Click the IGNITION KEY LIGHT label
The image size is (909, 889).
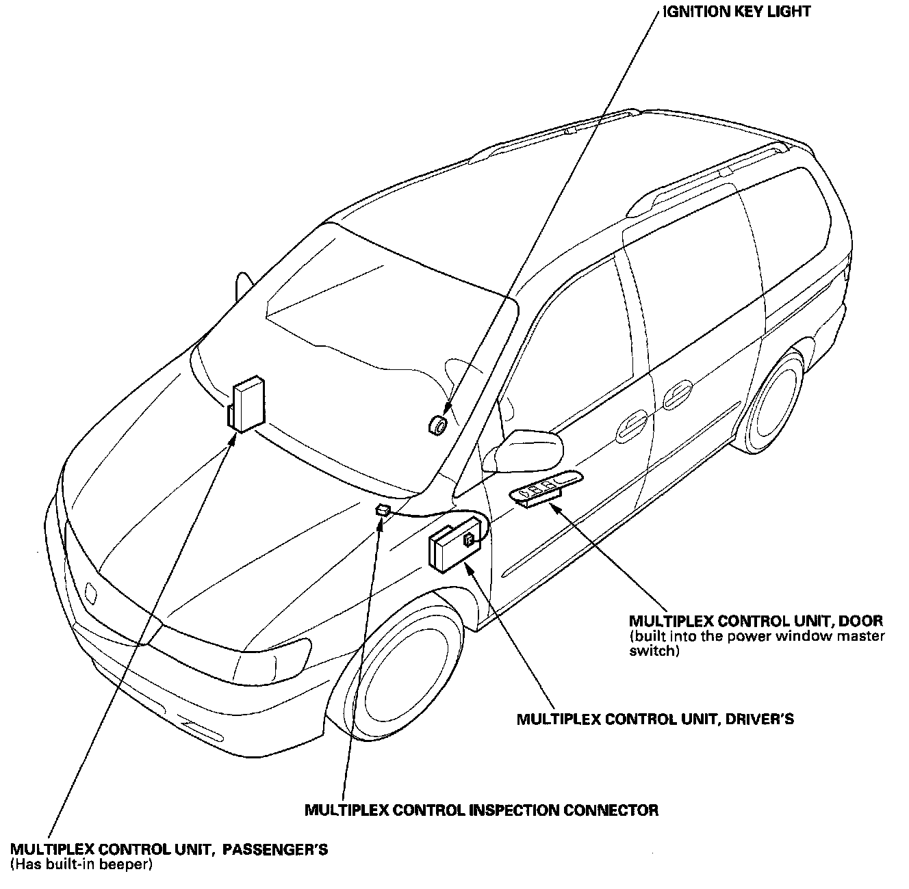tap(737, 12)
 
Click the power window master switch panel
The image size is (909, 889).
tap(545, 488)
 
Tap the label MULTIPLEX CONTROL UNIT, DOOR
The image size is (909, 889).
tap(756, 621)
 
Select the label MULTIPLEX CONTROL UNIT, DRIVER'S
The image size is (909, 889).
tap(655, 719)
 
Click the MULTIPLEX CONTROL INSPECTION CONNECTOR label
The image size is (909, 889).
tap(481, 810)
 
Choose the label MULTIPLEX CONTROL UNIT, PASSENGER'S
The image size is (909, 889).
tap(169, 850)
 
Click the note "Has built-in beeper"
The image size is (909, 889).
tap(81, 865)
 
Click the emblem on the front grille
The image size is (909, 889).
tap(92, 592)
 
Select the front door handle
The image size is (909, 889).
tap(631, 427)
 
